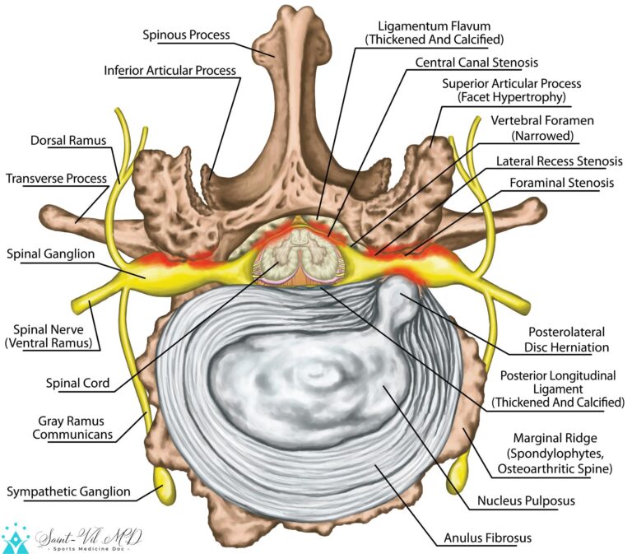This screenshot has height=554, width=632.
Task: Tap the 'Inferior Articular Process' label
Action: coord(170,70)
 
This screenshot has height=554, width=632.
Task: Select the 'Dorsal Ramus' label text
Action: coord(70,141)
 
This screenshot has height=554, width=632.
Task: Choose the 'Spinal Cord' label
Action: coord(80,383)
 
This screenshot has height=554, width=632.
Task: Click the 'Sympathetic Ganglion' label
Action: coord(68,491)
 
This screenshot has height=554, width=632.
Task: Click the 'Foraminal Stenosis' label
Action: coord(561,183)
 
